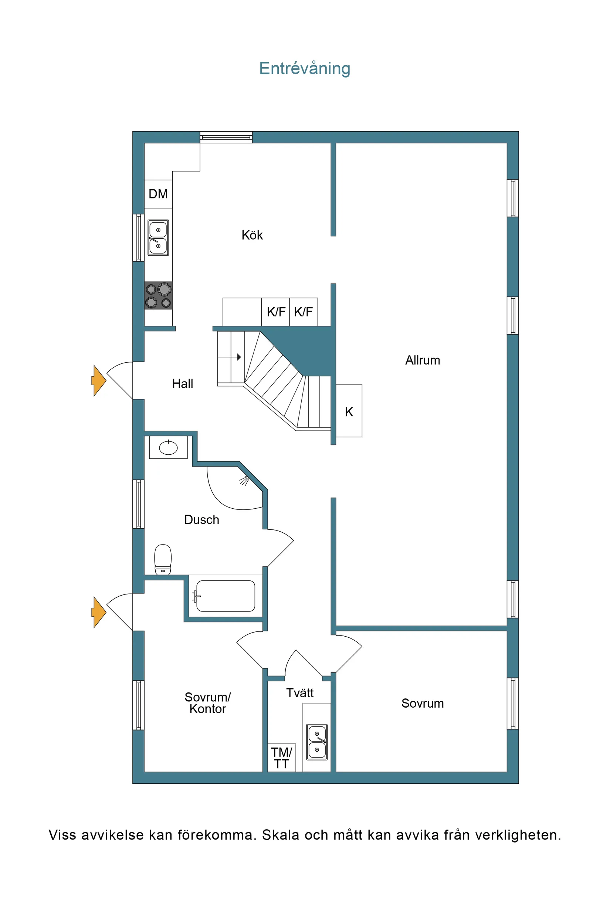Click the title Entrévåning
[305, 68]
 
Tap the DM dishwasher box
[158, 194]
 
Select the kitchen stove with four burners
[158, 296]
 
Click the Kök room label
[252, 235]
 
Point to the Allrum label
[423, 360]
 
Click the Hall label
[183, 384]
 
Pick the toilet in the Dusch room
[163, 559]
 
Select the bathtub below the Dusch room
[226, 596]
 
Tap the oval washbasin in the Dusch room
[168, 448]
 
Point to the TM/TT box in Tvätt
[282, 758]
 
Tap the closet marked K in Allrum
[349, 411]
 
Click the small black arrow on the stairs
[238, 357]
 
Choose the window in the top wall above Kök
[226, 137]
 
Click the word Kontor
[207, 709]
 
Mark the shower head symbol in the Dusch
[244, 481]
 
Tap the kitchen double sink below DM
[158, 238]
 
